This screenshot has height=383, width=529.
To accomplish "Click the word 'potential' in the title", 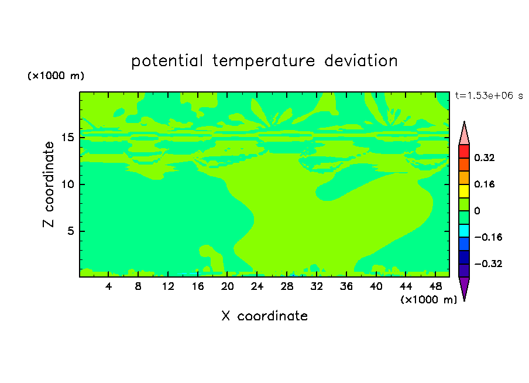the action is [x=167, y=61].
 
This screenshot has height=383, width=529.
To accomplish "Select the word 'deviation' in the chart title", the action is [x=361, y=60].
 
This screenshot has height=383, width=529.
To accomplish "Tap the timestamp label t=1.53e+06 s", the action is [x=489, y=95].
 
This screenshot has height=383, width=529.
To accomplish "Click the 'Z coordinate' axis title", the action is [x=48, y=184].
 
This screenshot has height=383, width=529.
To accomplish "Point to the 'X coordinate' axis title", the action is [x=264, y=316].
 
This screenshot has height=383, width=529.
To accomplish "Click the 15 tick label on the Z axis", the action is [x=67, y=138].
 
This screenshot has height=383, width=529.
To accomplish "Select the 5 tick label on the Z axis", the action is [x=70, y=231].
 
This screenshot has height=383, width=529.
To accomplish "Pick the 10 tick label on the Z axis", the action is [x=67, y=184].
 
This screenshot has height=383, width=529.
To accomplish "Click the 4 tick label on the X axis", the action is [x=108, y=286].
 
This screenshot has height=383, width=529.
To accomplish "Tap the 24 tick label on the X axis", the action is [x=257, y=286].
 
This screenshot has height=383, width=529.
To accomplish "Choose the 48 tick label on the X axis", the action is [x=435, y=286].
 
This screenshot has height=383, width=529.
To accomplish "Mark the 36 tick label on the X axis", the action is [x=346, y=286].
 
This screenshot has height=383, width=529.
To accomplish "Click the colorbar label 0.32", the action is [x=484, y=158].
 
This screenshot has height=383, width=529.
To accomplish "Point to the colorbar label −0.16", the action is [x=488, y=237].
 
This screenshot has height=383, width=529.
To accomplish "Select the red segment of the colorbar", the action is [x=464, y=151].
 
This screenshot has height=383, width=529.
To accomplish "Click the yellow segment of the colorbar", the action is [x=464, y=191].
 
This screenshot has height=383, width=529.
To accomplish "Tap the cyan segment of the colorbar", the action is [x=464, y=231].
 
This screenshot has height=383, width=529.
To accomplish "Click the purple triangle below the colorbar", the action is [x=464, y=287].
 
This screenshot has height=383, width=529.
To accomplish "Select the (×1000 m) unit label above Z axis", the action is [x=56, y=76].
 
